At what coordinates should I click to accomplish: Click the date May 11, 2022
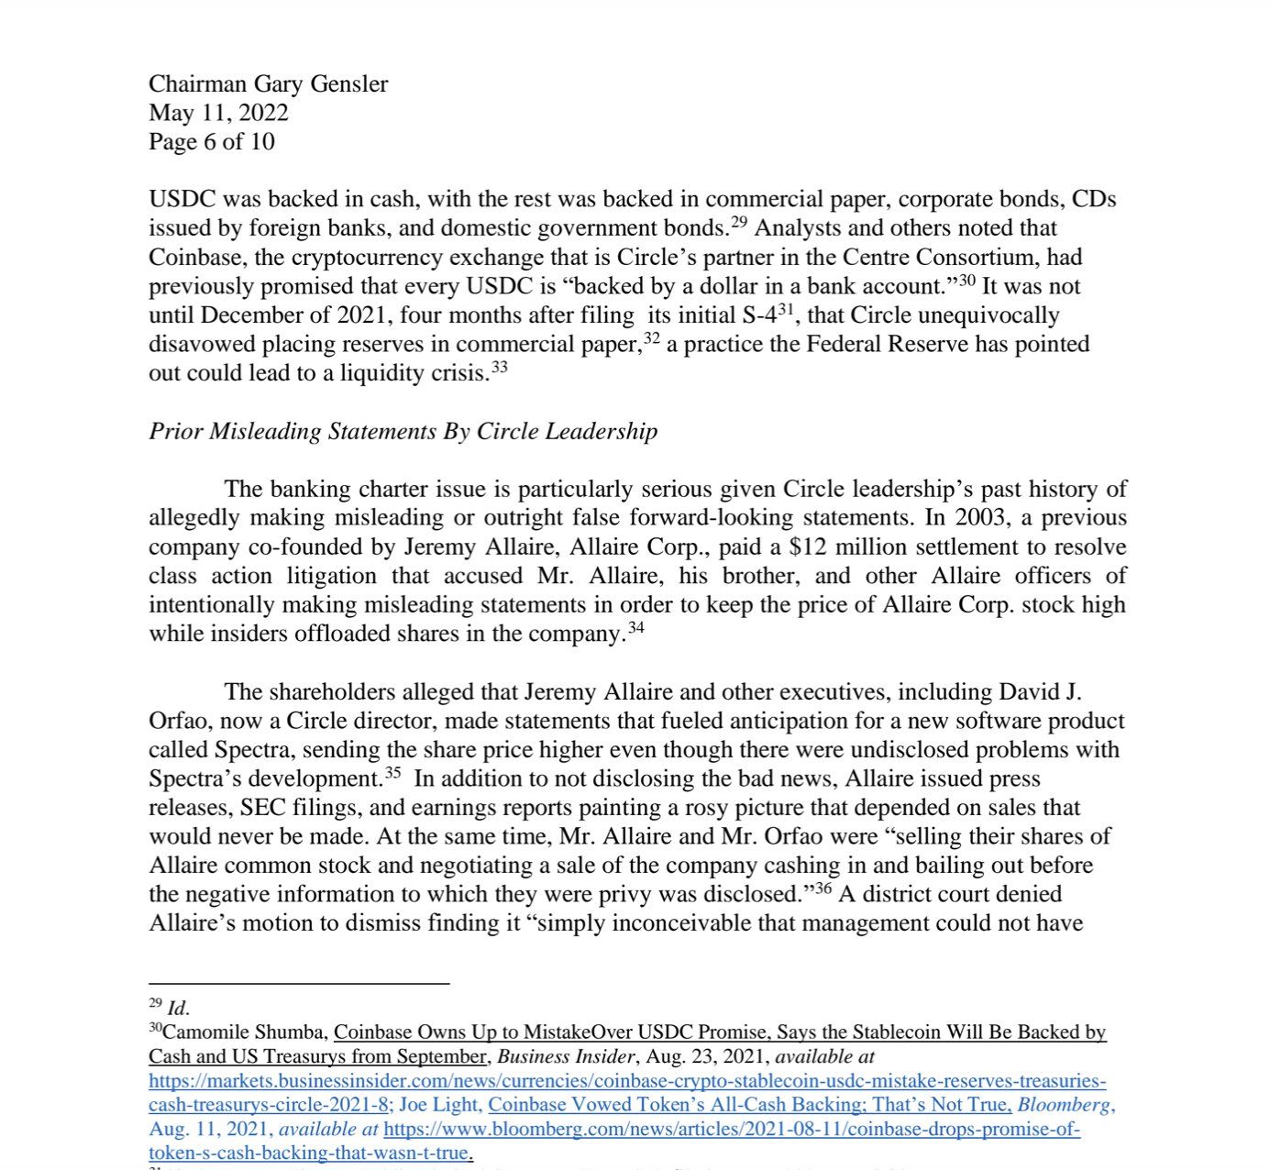[x=218, y=113]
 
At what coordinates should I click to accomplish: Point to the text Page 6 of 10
[x=212, y=141]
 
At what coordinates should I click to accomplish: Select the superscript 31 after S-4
[x=785, y=309]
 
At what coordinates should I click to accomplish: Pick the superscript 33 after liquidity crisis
[x=499, y=367]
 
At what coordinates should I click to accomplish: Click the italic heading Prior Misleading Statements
[x=403, y=431]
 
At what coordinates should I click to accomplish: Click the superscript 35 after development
[x=392, y=773]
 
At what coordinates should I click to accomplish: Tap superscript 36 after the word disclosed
[x=823, y=889]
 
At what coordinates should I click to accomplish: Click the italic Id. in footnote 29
[x=178, y=1009]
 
